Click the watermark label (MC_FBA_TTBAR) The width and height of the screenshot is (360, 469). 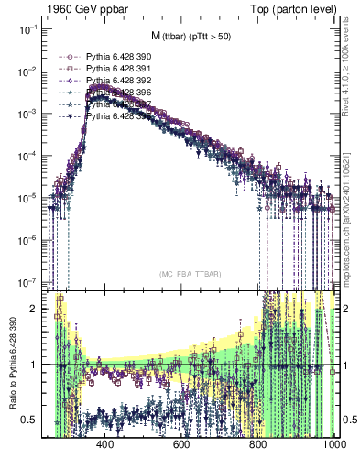coord(191,274)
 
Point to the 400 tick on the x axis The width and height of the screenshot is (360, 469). coord(104,445)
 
